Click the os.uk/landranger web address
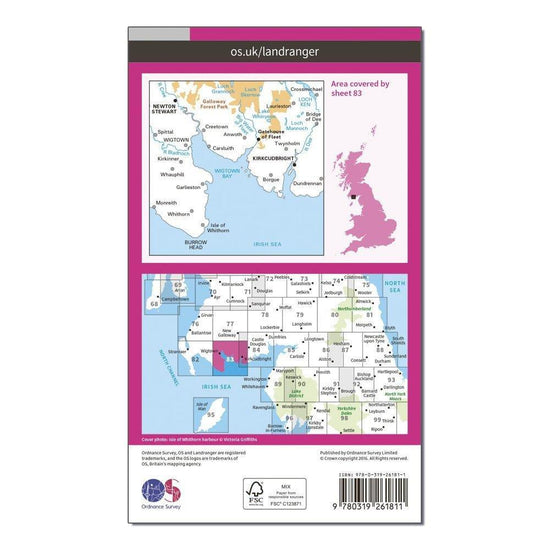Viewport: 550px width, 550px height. coord(274,47)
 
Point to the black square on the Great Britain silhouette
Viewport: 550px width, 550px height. coord(352,191)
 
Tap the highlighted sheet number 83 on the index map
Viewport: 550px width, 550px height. coord(231,359)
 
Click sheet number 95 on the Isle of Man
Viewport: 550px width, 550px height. coord(211,413)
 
